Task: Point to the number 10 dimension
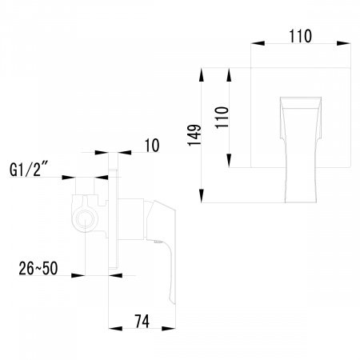point(152,145)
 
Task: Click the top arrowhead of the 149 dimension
point(201,76)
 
